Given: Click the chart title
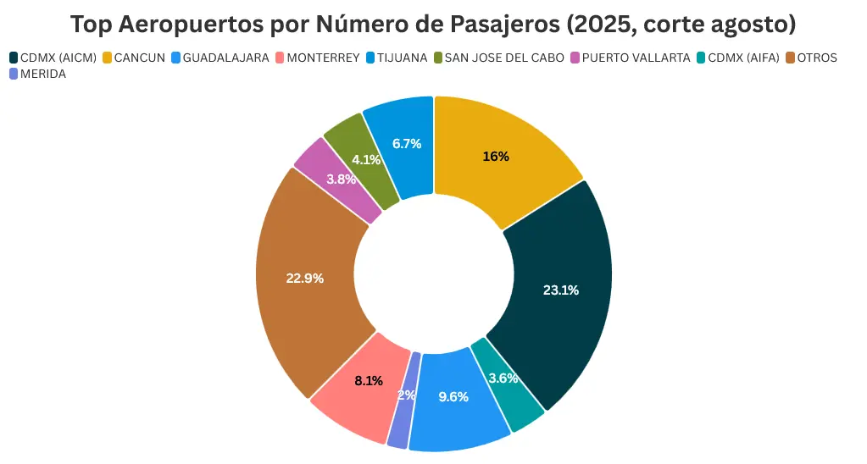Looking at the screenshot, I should point(433,24).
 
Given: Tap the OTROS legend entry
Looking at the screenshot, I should point(816,58).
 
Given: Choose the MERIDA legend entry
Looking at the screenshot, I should point(42,74).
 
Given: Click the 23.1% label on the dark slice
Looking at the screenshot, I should point(560,290).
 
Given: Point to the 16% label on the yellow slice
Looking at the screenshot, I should point(495,156).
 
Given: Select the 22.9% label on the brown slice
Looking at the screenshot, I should point(304,278).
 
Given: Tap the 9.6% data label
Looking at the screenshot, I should point(453,396).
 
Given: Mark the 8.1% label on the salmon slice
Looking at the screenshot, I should point(369,381).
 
